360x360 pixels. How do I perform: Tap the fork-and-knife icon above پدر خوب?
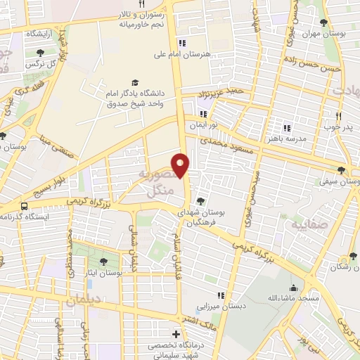(337, 115)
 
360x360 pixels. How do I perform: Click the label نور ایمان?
(202, 124)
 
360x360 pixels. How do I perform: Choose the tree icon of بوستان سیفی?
(341, 169)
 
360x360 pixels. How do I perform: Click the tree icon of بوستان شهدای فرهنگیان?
(202, 200)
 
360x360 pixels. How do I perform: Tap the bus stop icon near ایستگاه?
(25, 206)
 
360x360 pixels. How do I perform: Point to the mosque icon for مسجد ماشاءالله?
(294, 288)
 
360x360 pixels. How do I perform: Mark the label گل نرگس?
(41, 64)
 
